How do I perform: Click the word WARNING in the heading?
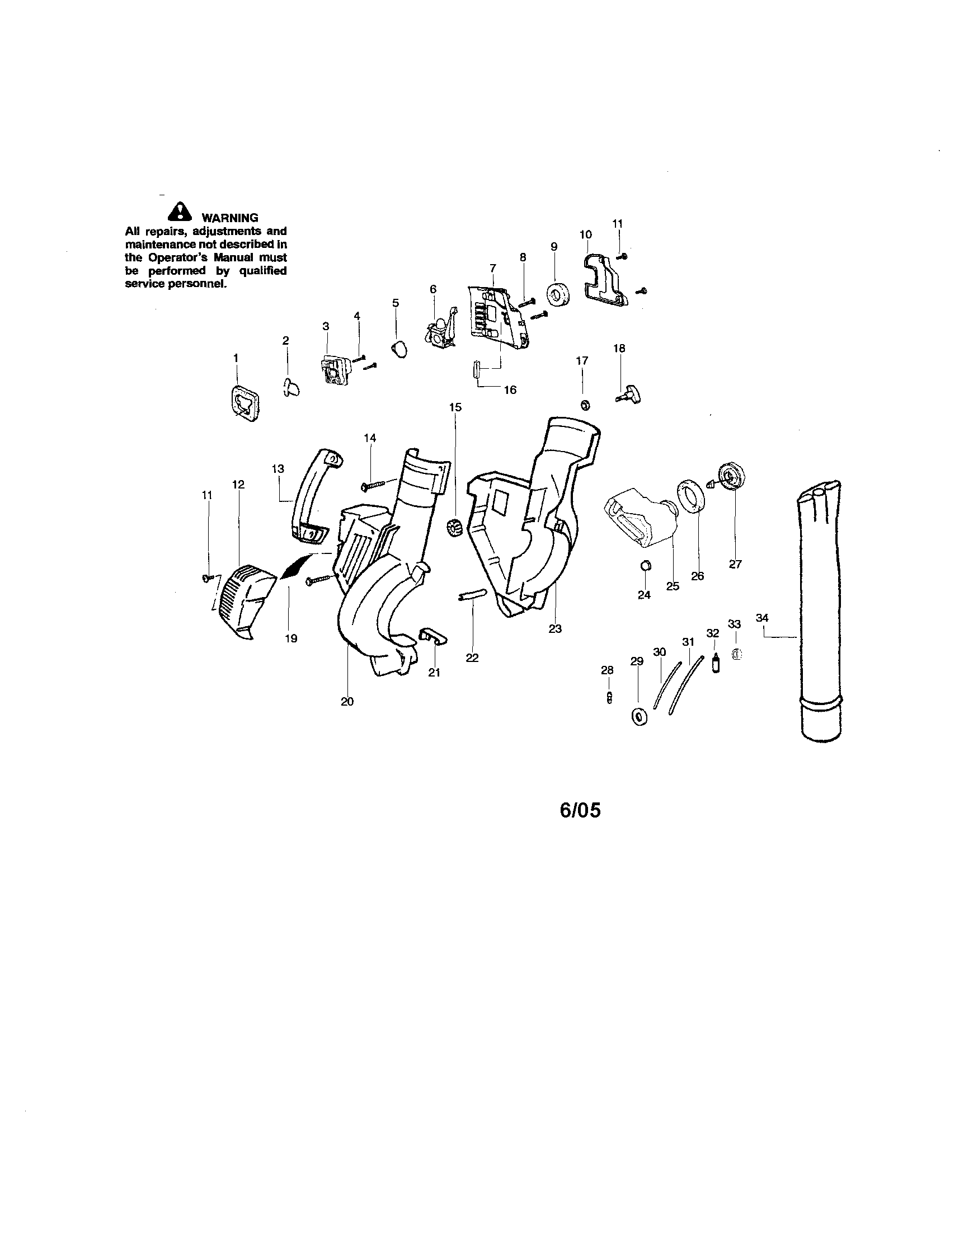coord(230,218)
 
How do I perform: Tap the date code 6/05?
coord(580,811)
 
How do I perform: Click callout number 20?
coord(347,701)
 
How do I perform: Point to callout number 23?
coord(554,628)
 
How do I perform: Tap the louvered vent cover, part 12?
coord(243,602)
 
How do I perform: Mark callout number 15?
coord(455,407)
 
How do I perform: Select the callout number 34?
coord(763,617)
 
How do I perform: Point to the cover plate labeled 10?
coord(606,280)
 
